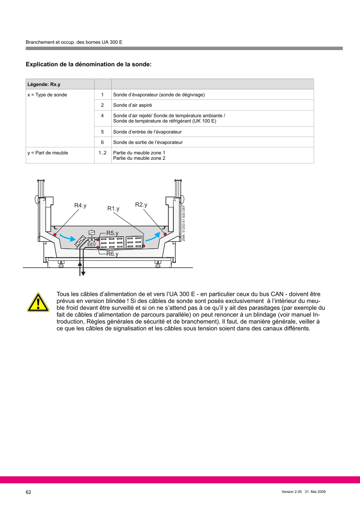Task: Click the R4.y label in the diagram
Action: point(80,205)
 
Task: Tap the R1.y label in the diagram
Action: point(113,209)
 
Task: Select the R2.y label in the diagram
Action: point(141,204)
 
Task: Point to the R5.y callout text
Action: point(112,233)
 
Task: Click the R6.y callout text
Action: point(112,254)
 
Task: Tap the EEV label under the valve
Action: point(91,245)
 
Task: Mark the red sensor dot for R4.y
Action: point(55,235)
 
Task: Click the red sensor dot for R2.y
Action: point(165,234)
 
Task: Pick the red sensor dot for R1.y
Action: point(144,246)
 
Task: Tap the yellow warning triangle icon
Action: point(38,303)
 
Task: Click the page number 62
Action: point(29,492)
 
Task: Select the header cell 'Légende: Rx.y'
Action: point(44,84)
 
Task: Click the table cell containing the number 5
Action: point(102,132)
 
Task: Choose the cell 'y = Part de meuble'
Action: point(48,153)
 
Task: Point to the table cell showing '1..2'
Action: point(102,153)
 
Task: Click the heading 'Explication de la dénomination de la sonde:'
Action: point(89,64)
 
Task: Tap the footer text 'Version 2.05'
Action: point(292,492)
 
